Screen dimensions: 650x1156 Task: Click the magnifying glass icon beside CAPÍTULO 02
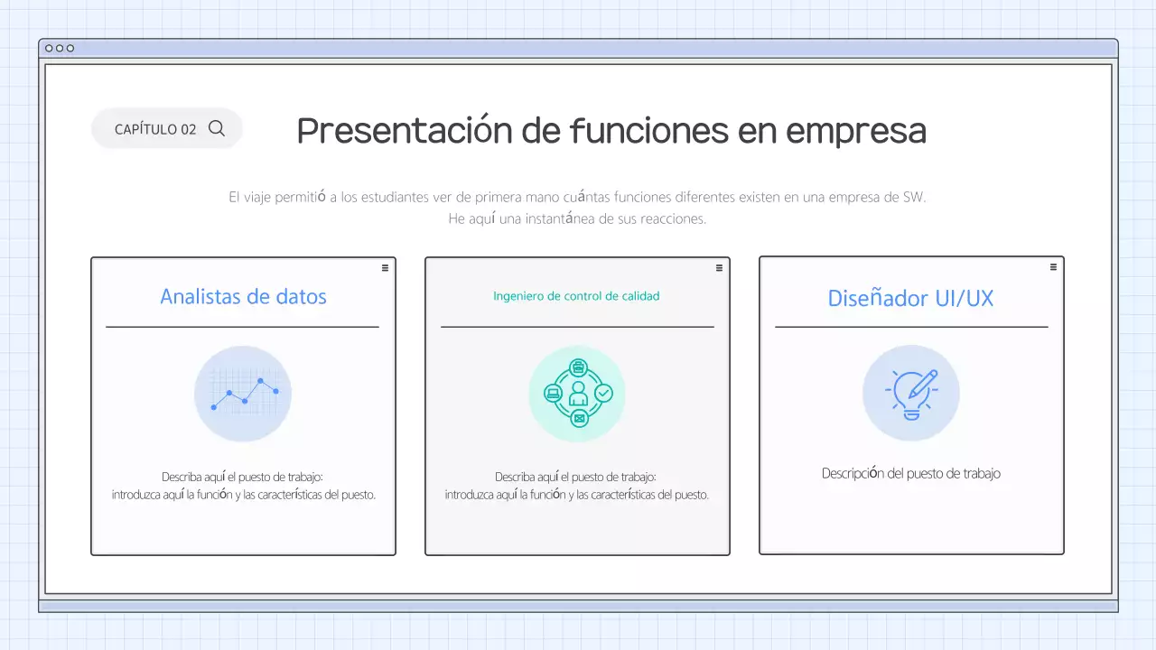click(x=217, y=128)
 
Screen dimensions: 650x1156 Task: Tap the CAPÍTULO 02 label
click(x=155, y=129)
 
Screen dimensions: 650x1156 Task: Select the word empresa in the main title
click(x=856, y=131)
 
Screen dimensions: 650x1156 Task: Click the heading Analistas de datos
click(x=243, y=296)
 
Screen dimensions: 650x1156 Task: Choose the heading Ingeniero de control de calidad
click(x=576, y=296)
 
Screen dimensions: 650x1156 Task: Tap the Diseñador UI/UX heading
click(x=910, y=298)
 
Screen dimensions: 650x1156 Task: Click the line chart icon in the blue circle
click(x=243, y=394)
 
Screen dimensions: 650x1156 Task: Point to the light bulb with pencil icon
click(x=910, y=394)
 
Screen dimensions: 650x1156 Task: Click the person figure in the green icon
click(x=578, y=394)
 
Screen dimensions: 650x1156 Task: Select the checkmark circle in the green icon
click(x=603, y=393)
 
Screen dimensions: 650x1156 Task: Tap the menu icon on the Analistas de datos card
click(x=385, y=267)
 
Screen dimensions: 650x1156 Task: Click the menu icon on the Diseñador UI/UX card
click(x=1053, y=267)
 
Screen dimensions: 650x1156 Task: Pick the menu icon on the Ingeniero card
click(x=719, y=267)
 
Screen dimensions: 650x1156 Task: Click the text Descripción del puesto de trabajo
click(x=910, y=473)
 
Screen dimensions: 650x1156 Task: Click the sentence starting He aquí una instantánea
click(x=577, y=218)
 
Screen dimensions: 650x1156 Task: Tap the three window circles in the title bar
click(x=60, y=48)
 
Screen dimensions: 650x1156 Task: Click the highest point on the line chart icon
click(x=260, y=381)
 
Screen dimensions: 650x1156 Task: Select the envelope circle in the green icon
click(x=578, y=418)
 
